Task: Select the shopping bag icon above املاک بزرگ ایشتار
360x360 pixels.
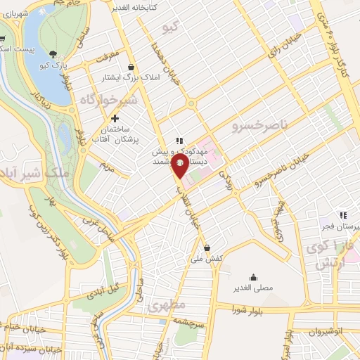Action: click(131, 67)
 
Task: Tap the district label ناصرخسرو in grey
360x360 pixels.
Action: click(259, 125)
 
